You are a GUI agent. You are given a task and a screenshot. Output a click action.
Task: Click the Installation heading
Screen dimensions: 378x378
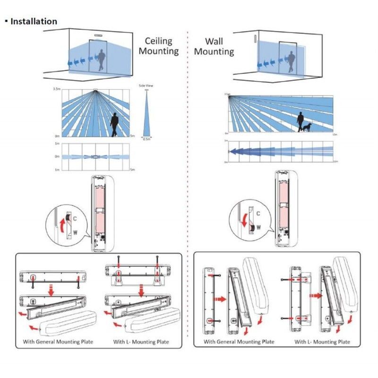pyautogui.click(x=34, y=21)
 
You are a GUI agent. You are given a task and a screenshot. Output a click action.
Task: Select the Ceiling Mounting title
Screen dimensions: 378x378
pyautogui.click(x=158, y=46)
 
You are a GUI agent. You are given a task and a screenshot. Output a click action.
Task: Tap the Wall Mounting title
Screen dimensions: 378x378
pyautogui.click(x=214, y=46)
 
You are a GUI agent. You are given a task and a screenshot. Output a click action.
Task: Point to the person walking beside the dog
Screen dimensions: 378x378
pyautogui.click(x=300, y=122)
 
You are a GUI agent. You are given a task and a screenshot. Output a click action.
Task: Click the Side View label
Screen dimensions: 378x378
pyautogui.click(x=146, y=86)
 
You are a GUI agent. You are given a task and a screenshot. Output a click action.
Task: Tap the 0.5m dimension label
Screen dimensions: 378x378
pyautogui.click(x=146, y=139)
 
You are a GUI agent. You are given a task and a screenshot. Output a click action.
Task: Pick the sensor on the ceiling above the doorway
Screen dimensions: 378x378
pyautogui.click(x=98, y=34)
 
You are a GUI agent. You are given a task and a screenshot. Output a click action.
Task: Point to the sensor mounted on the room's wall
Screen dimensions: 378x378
pyautogui.click(x=256, y=38)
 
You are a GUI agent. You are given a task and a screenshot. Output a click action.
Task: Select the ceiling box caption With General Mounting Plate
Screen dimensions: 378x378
pyautogui.click(x=58, y=342)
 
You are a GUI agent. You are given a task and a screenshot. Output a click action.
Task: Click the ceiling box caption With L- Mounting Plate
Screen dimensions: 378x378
pyautogui.click(x=141, y=342)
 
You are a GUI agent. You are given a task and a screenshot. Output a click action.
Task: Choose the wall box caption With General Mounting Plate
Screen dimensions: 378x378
pyautogui.click(x=239, y=341)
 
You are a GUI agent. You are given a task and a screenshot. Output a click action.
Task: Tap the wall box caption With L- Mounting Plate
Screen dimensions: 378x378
pyautogui.click(x=322, y=341)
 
